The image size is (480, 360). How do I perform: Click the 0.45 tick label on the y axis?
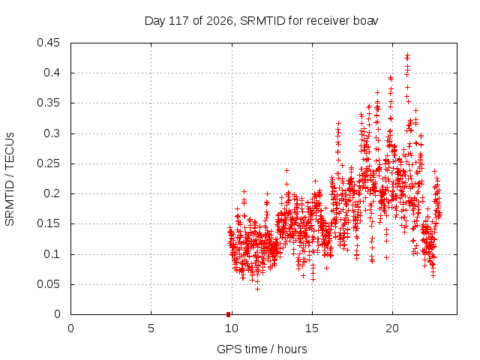click(x=48, y=43)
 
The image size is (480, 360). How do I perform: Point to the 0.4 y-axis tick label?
click(x=52, y=73)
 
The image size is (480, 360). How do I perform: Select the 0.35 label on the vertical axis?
click(x=48, y=103)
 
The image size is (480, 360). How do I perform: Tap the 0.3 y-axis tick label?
click(x=52, y=133)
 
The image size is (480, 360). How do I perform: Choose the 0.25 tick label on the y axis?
click(x=48, y=163)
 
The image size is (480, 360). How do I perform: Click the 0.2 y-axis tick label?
click(x=52, y=193)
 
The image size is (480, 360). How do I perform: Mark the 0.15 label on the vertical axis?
click(x=48, y=223)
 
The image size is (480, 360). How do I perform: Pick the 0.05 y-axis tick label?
click(x=48, y=284)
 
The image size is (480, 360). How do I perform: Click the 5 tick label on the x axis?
click(x=151, y=328)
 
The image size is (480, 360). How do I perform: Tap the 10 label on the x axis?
click(x=232, y=328)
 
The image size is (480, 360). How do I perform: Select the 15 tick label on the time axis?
click(x=312, y=328)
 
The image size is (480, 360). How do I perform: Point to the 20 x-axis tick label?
click(x=392, y=328)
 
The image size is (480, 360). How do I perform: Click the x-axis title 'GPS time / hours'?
click(x=262, y=349)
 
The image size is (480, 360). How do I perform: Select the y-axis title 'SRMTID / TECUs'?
click(x=10, y=179)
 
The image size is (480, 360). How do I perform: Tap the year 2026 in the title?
click(x=220, y=21)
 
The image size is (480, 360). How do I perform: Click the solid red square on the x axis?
click(x=228, y=314)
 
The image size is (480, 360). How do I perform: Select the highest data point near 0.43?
click(x=407, y=55)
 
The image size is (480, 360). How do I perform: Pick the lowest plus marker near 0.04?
click(x=257, y=289)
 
